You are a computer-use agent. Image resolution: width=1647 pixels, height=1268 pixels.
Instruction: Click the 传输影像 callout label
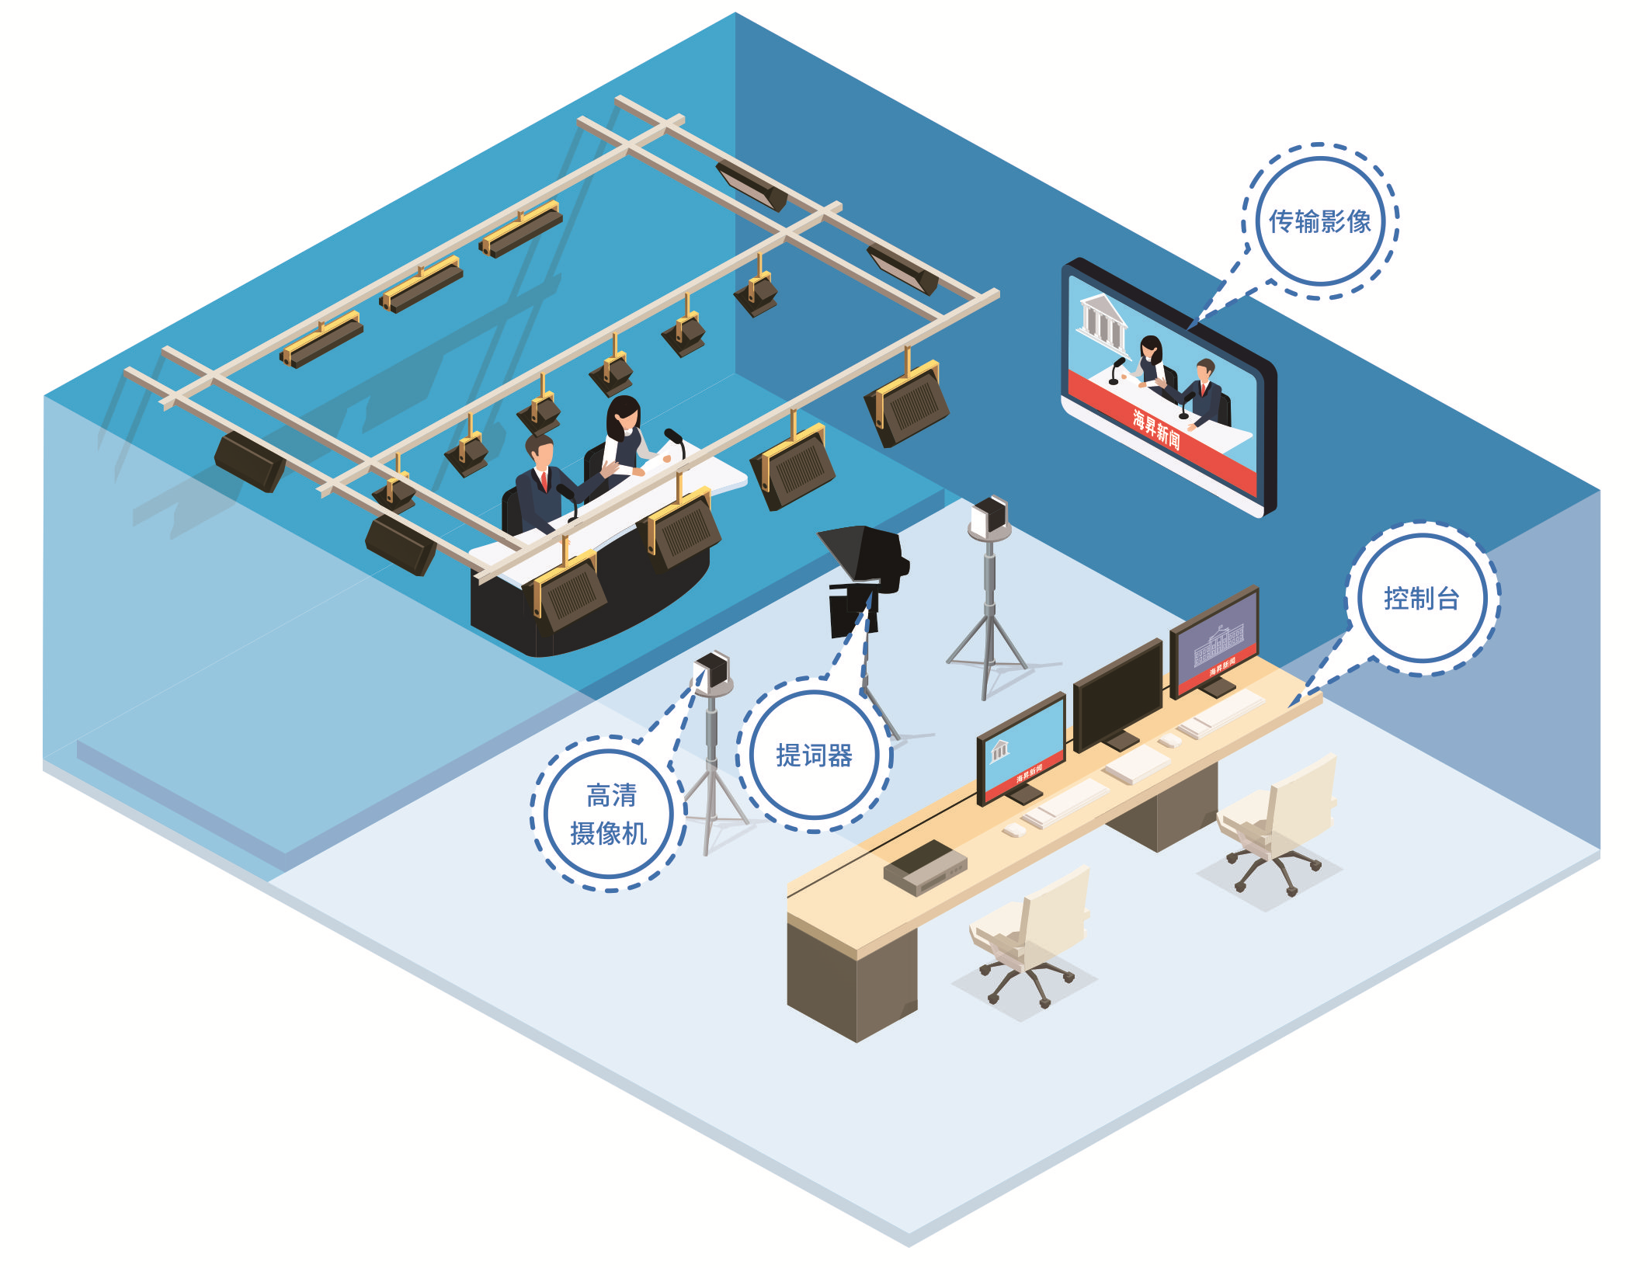tap(1319, 222)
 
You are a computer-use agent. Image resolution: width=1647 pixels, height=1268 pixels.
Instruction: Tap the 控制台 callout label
tap(1421, 599)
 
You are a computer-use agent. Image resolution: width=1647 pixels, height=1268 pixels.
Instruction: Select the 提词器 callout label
tap(814, 756)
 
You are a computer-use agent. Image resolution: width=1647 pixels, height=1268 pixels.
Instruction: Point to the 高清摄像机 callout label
tap(610, 814)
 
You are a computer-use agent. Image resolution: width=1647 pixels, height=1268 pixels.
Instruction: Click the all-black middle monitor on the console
tap(1117, 696)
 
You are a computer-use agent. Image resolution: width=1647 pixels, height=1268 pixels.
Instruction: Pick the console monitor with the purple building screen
tap(1214, 643)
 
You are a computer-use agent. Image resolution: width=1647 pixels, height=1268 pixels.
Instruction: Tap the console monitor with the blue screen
tap(1020, 749)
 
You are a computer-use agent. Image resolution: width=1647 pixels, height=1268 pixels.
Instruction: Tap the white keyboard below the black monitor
tap(1137, 764)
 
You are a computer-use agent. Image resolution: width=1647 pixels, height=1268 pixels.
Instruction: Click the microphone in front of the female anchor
tap(675, 441)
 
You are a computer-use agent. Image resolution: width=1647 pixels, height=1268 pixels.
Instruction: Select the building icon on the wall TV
tap(1103, 320)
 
